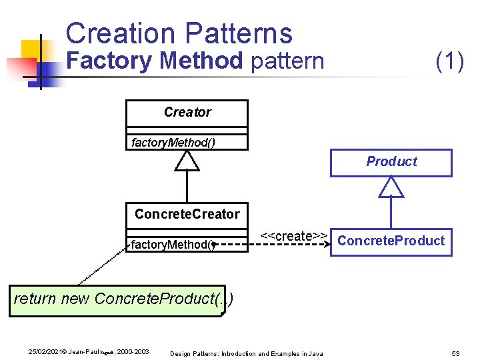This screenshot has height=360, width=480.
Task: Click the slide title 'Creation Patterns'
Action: point(179,33)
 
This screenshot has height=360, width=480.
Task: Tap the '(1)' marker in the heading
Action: point(449,61)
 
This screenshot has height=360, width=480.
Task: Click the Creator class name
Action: point(187,112)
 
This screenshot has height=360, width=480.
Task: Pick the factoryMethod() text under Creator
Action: point(173,142)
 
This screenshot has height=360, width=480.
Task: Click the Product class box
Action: point(391,162)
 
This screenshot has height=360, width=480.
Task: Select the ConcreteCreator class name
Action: point(187,214)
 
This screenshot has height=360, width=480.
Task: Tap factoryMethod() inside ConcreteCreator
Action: point(173,245)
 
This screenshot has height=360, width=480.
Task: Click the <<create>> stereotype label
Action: point(293,235)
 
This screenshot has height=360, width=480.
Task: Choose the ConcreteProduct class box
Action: point(391,241)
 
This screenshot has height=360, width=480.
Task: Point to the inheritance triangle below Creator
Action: point(187,160)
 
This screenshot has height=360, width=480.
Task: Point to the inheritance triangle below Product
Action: point(391,187)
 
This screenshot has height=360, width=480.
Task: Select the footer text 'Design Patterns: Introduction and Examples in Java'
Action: point(247,353)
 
